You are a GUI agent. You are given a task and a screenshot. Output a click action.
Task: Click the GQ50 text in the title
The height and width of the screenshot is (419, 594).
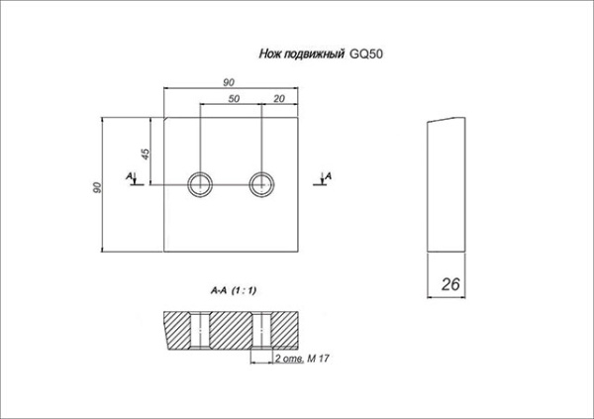[365, 53]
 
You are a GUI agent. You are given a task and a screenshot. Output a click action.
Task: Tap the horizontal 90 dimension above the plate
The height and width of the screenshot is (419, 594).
[229, 82]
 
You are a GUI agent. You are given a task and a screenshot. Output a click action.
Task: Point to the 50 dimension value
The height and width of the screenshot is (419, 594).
[234, 99]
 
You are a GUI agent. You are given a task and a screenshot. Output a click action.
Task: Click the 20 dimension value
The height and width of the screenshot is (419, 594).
[279, 99]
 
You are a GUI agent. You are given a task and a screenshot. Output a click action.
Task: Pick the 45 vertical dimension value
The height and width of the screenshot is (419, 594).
[146, 154]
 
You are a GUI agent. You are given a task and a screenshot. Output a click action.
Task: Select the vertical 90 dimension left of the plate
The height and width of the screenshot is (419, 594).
[97, 187]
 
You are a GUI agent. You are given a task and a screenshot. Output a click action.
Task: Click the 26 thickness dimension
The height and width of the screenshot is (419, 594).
[450, 284]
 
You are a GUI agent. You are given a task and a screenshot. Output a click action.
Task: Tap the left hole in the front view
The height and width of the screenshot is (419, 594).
[200, 184]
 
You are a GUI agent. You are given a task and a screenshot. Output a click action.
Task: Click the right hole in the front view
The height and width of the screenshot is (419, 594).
[261, 184]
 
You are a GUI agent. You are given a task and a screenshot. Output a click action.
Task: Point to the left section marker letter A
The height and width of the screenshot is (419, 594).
[130, 176]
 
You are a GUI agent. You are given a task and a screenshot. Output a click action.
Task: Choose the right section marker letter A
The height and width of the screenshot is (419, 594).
[328, 176]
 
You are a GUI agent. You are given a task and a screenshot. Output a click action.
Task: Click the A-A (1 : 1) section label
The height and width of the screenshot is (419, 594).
[234, 291]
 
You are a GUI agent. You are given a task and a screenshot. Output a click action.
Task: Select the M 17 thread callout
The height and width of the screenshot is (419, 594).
[318, 359]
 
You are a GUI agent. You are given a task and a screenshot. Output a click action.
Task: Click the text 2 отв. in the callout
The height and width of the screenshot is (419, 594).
[289, 359]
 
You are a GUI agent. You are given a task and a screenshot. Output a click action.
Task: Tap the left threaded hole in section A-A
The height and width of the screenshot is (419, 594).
[200, 330]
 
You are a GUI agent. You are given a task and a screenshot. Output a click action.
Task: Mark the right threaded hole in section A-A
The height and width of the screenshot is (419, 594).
[261, 330]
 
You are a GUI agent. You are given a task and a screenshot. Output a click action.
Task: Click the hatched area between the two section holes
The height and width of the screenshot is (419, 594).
[231, 330]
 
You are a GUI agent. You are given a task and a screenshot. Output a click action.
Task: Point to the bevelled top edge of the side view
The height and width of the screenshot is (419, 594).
[446, 120]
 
